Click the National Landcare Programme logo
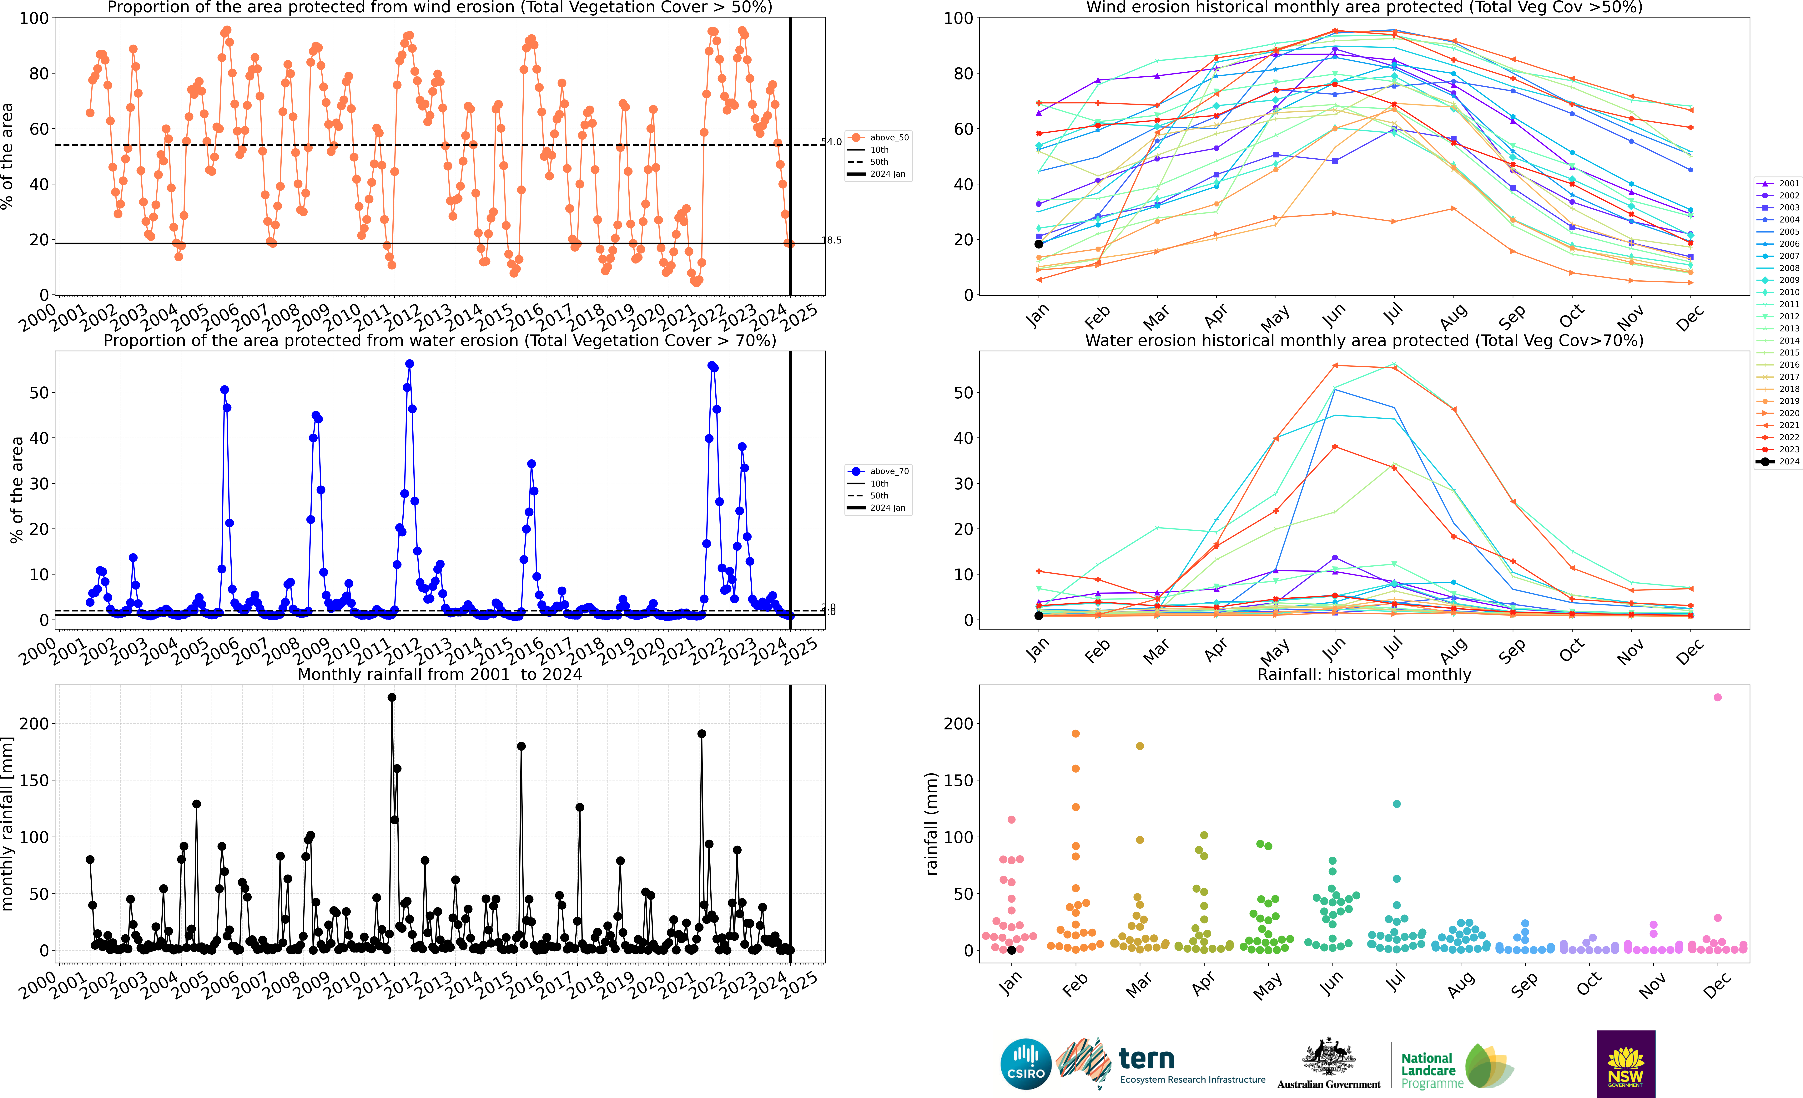click(x=1456, y=1067)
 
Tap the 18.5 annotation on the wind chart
click(x=831, y=240)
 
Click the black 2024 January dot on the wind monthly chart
click(x=1038, y=244)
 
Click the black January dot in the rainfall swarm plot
click(x=1011, y=950)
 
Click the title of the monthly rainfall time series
click(x=440, y=674)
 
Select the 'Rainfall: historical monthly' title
click(x=1364, y=674)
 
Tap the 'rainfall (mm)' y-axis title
click(x=931, y=824)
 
